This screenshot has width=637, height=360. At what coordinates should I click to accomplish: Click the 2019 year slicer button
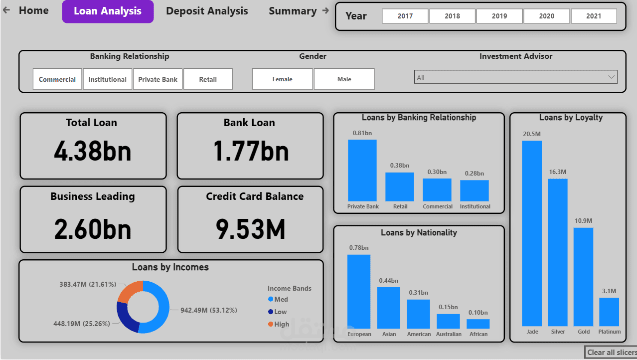pos(499,16)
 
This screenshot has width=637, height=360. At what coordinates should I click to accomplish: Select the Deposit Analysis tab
pos(207,11)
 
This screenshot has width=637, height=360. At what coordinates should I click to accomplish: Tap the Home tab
pos(33,10)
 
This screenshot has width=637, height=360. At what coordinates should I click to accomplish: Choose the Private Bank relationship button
pos(158,79)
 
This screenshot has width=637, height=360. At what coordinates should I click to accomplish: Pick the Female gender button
pos(282,79)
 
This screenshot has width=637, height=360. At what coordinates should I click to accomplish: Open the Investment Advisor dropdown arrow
pos(611,77)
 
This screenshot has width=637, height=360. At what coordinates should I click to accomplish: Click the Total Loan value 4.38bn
pos(93,151)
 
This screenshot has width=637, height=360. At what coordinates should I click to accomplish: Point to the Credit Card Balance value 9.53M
pos(250,229)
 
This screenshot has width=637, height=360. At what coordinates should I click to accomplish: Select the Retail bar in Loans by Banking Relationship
pos(400,187)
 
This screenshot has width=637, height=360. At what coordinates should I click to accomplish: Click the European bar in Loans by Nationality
pos(359,291)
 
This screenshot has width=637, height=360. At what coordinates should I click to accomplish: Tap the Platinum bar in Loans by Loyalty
pos(609,312)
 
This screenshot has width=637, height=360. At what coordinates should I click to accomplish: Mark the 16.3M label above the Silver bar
pos(558,172)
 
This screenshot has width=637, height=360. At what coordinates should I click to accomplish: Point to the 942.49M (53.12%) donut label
pos(209,310)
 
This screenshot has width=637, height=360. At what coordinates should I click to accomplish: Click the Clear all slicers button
pos(612,353)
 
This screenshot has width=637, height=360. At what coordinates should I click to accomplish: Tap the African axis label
pos(478,334)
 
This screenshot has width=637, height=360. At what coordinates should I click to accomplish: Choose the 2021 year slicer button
pos(594,16)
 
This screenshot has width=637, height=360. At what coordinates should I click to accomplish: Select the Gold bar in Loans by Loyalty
pos(583,277)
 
